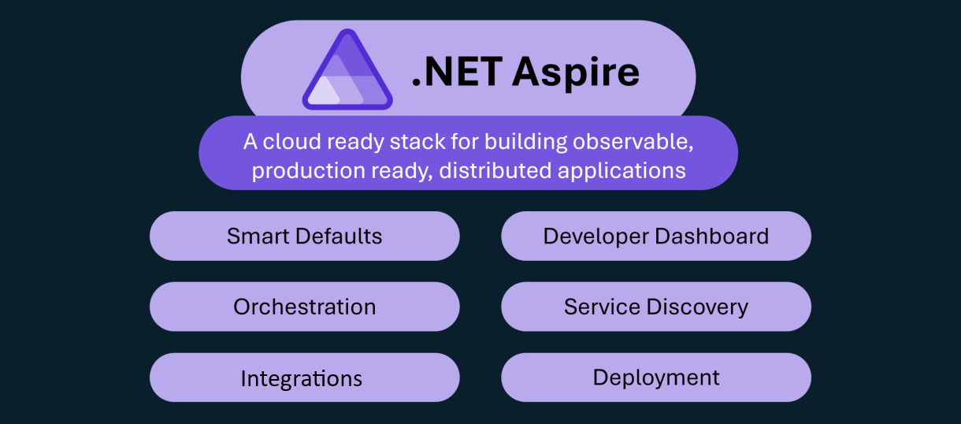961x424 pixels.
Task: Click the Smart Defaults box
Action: pos(304,236)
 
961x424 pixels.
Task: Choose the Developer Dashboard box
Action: pos(655,236)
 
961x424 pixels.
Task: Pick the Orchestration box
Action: pos(304,307)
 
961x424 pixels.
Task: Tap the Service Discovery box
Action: pos(655,307)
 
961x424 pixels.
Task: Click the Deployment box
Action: pos(655,378)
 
